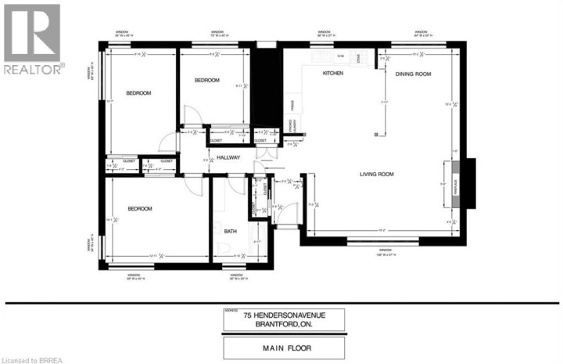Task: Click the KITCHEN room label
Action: [334, 74]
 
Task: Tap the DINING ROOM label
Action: [414, 74]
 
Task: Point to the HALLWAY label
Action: [229, 158]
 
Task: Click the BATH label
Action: [230, 232]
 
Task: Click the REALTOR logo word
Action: [32, 70]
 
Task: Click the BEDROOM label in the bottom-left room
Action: [139, 209]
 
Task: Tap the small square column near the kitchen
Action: [376, 134]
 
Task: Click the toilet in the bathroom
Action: [224, 250]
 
